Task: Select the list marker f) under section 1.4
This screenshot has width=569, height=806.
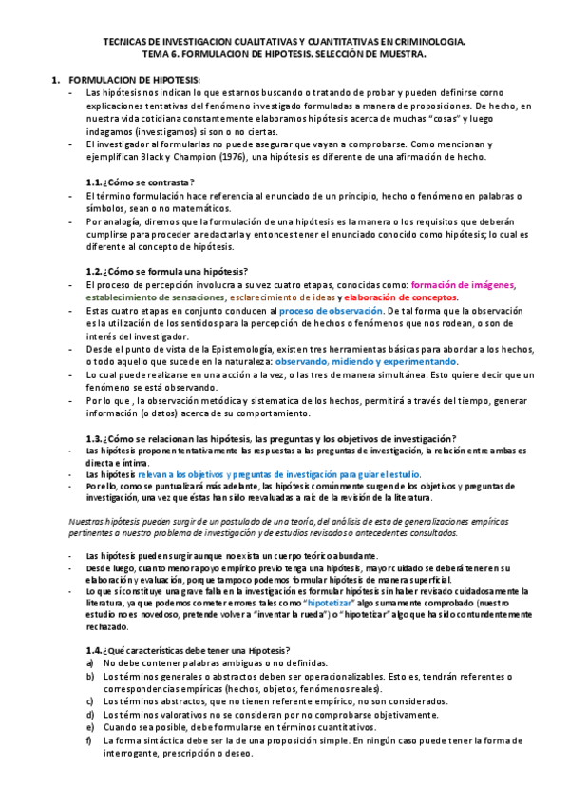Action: coord(89,739)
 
